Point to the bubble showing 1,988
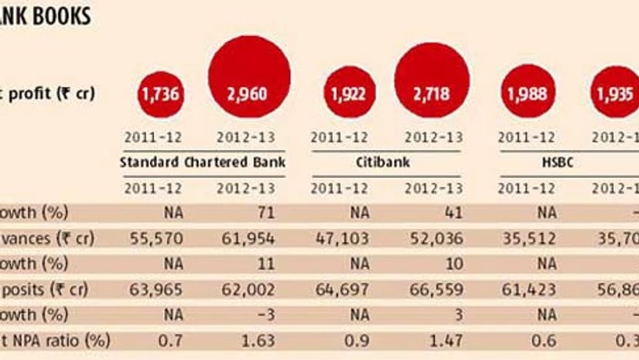[528, 94]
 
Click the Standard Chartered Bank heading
[203, 163]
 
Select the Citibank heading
[387, 163]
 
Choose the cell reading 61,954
[248, 239]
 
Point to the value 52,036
[432, 239]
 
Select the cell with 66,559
[432, 290]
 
